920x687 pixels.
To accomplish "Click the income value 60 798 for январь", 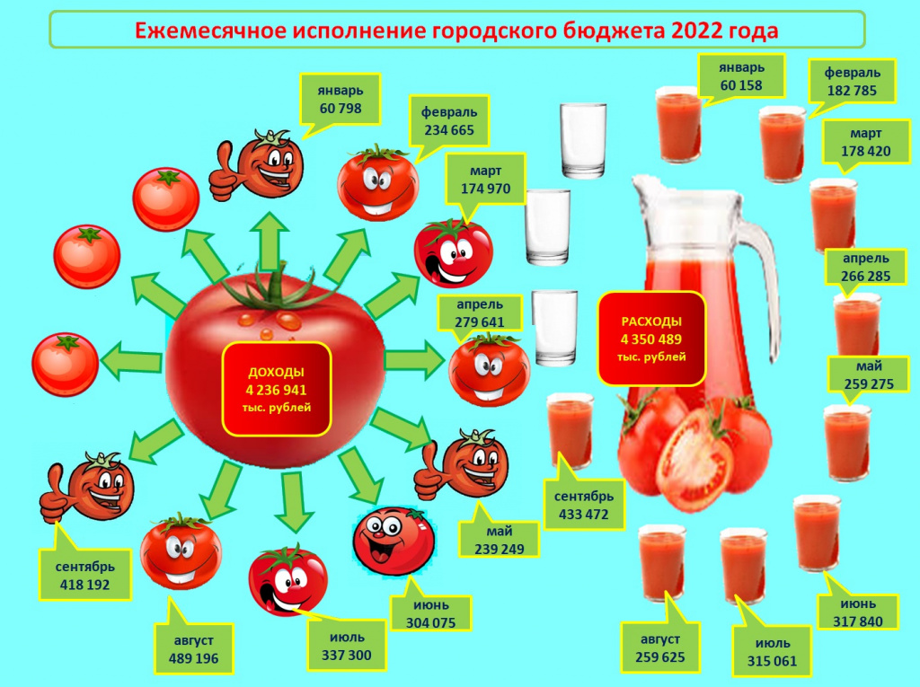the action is coord(341,109).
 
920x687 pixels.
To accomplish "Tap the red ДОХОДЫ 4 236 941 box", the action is coord(277,390).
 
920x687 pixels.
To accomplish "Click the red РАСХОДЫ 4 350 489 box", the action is coord(651,339).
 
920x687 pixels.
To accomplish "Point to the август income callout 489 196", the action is coord(194,649).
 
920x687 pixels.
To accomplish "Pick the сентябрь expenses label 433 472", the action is coord(584,505).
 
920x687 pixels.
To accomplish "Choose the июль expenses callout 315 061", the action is coord(772,652).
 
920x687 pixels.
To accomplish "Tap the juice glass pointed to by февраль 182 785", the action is coord(783,144).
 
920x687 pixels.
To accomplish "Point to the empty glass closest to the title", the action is coord(582,140).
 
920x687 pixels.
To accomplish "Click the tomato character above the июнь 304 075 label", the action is coord(394,541).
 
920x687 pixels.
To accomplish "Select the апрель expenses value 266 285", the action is coord(865,277).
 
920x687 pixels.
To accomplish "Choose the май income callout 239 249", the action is coord(500,540).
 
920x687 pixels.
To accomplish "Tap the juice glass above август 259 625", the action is coord(662,563).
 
